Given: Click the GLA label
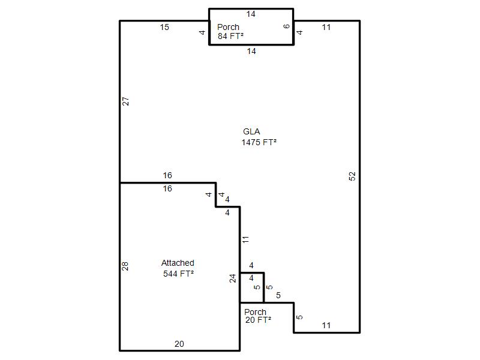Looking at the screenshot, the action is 251,131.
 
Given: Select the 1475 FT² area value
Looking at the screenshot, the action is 259,142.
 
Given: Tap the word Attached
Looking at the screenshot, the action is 178,263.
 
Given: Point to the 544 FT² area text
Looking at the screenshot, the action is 178,274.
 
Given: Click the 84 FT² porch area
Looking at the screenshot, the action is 231,36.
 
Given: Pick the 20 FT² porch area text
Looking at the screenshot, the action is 258,320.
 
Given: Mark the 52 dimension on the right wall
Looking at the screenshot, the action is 352,176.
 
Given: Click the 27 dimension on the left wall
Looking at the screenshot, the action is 125,101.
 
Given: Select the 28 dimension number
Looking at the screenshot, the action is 125,266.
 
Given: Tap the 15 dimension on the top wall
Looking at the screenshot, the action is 164,27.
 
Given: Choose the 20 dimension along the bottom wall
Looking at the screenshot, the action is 179,344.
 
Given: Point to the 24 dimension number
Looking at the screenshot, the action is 233,278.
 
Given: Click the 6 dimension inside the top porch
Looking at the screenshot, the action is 287,26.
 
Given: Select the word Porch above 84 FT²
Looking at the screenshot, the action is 228,27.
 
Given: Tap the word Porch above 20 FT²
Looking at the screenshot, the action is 255,312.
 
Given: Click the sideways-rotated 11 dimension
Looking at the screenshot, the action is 245,239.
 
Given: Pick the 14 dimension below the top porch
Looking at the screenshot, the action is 251,51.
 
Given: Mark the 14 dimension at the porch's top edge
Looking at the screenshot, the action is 251,14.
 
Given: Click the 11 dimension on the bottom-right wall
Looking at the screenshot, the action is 326,325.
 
